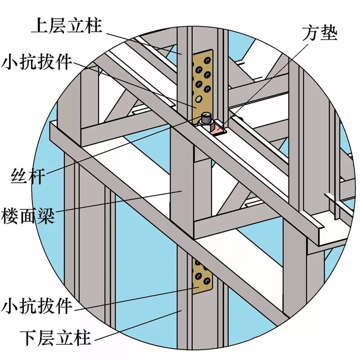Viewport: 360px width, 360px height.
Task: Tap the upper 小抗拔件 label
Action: click(x=36, y=62)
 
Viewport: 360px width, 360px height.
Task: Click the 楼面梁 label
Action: click(x=28, y=216)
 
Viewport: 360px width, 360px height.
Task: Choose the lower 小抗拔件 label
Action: click(x=36, y=306)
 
